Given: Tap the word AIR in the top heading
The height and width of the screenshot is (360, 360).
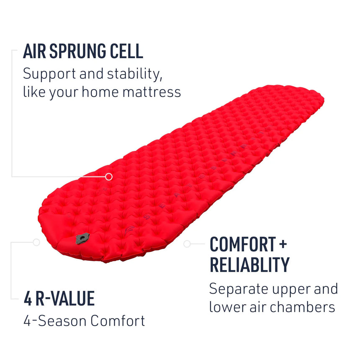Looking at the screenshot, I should (33, 51).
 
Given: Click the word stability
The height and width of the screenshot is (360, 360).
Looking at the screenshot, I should (133, 74).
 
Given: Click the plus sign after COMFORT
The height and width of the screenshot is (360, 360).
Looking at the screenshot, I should (283, 244).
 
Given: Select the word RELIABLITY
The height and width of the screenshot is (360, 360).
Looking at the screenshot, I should (249, 265).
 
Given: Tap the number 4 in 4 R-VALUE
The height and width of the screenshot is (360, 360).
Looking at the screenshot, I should (28, 298).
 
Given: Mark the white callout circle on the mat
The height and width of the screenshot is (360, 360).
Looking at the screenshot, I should (109, 177).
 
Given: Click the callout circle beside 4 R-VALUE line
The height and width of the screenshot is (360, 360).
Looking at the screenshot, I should (36, 242).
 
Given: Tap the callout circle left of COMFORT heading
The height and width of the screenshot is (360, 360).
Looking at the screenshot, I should (187, 243).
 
